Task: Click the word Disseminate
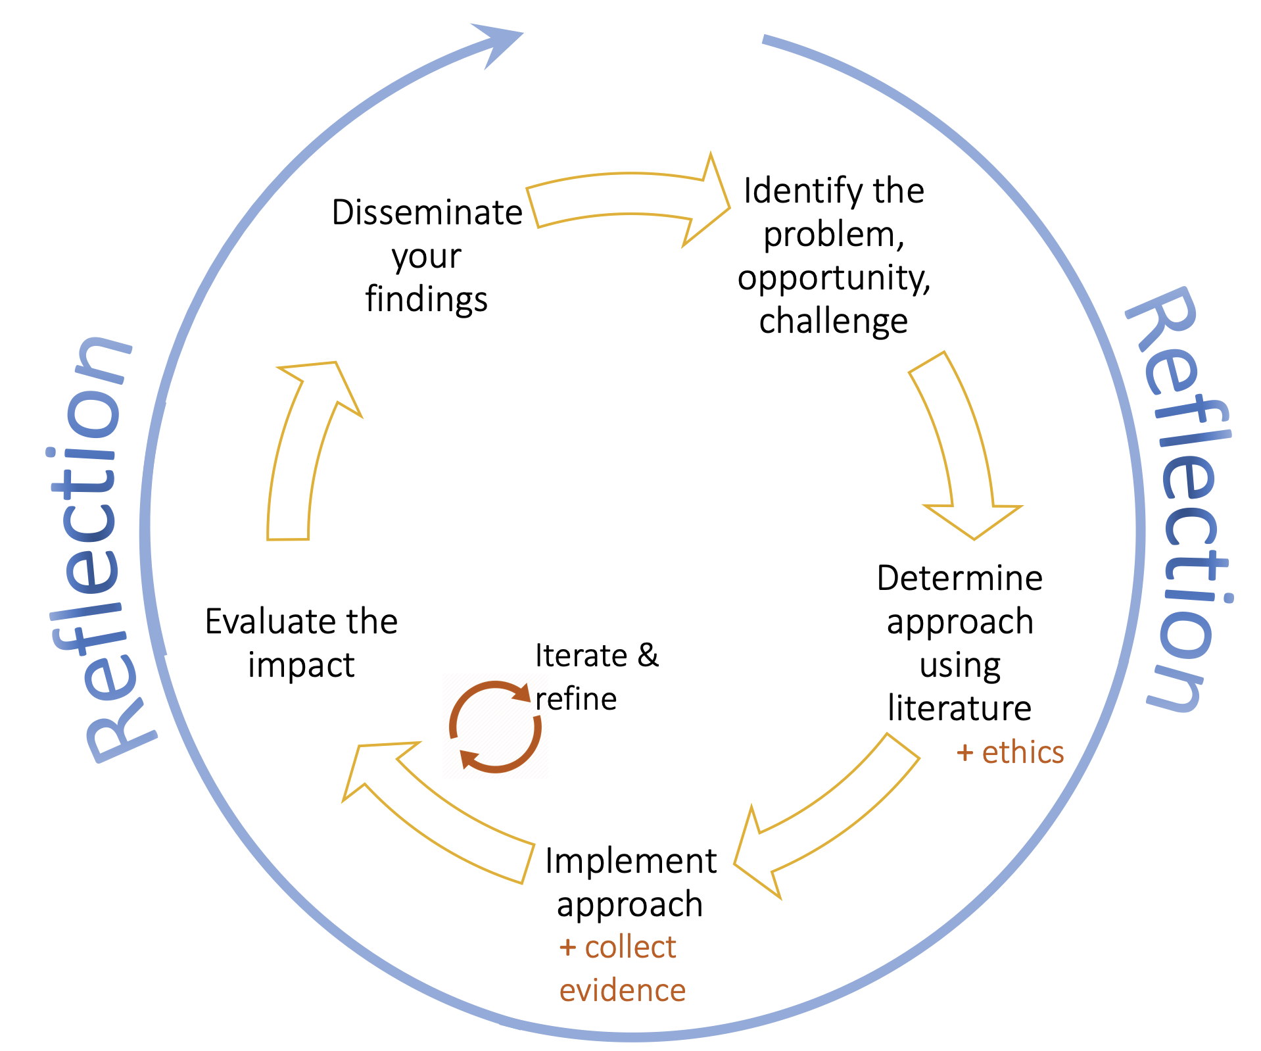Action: (x=427, y=213)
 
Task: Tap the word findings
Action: (x=426, y=300)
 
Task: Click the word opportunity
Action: (x=834, y=279)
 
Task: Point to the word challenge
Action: (x=833, y=322)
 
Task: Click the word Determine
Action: (x=959, y=579)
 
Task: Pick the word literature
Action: (x=959, y=708)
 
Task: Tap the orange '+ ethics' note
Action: (x=1010, y=752)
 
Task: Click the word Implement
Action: (x=630, y=861)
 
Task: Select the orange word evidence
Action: (x=622, y=990)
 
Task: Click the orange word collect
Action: (x=630, y=948)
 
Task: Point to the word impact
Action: (x=301, y=665)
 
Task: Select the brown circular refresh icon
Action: (x=495, y=727)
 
